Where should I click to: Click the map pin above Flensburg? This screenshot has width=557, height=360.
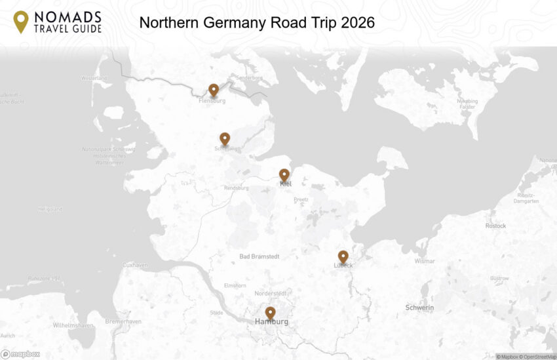coord(213,90)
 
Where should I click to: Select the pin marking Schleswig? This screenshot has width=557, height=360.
coord(225,138)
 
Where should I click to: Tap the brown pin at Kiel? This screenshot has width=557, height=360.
coord(284,174)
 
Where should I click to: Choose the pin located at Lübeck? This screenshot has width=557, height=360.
coord(343,256)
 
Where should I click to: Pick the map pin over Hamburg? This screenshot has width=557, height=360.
coord(270,313)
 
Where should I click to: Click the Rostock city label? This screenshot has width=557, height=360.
coord(495,226)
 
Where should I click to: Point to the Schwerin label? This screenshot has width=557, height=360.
coord(419,308)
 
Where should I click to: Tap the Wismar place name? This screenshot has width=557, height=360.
coord(425,261)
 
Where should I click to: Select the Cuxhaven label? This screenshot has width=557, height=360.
coord(135,265)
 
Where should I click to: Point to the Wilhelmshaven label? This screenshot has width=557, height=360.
coord(73,325)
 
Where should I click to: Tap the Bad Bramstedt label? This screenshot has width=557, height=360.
coord(259,256)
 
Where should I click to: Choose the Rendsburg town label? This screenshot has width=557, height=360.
coord(237,188)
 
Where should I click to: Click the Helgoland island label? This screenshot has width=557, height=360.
coord(50,210)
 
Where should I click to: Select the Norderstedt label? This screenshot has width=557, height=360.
coord(271,293)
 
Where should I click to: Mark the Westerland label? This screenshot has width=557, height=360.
coord(94,79)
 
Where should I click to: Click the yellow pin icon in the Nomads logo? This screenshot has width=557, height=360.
coord(21,21)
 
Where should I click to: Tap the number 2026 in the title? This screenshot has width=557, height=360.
coord(353,23)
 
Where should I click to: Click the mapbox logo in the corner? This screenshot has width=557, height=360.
coord(20,354)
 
